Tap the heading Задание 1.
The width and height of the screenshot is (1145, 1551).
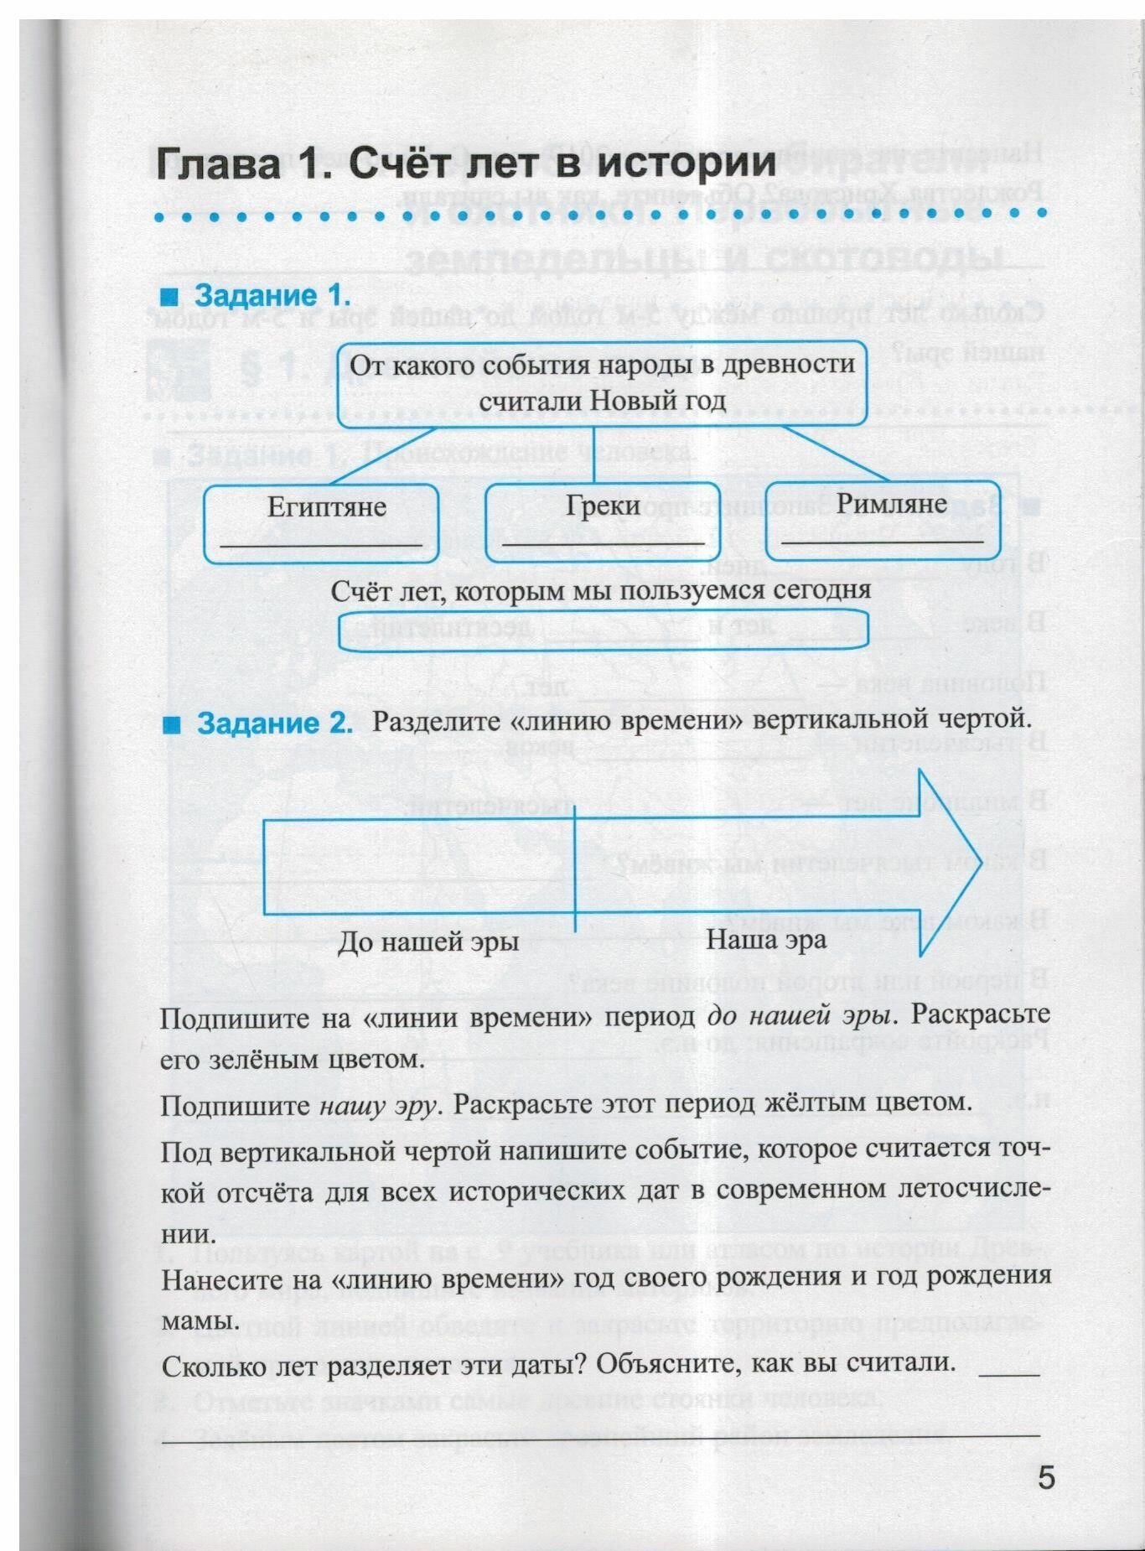pos(272,296)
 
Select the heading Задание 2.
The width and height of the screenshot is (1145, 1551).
pos(274,723)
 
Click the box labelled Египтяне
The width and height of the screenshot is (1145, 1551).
pos(322,523)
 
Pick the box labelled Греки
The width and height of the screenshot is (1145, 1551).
pos(603,521)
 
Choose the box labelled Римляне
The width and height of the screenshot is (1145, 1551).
pos(883,520)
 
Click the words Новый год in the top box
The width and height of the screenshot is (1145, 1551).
pos(657,401)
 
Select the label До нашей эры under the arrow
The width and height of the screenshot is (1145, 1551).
pos(427,942)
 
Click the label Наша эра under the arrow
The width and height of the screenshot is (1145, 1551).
pos(766,939)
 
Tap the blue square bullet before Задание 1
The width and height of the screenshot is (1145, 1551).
pos(171,297)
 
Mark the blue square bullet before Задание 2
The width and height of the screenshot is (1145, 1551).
pos(172,724)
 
